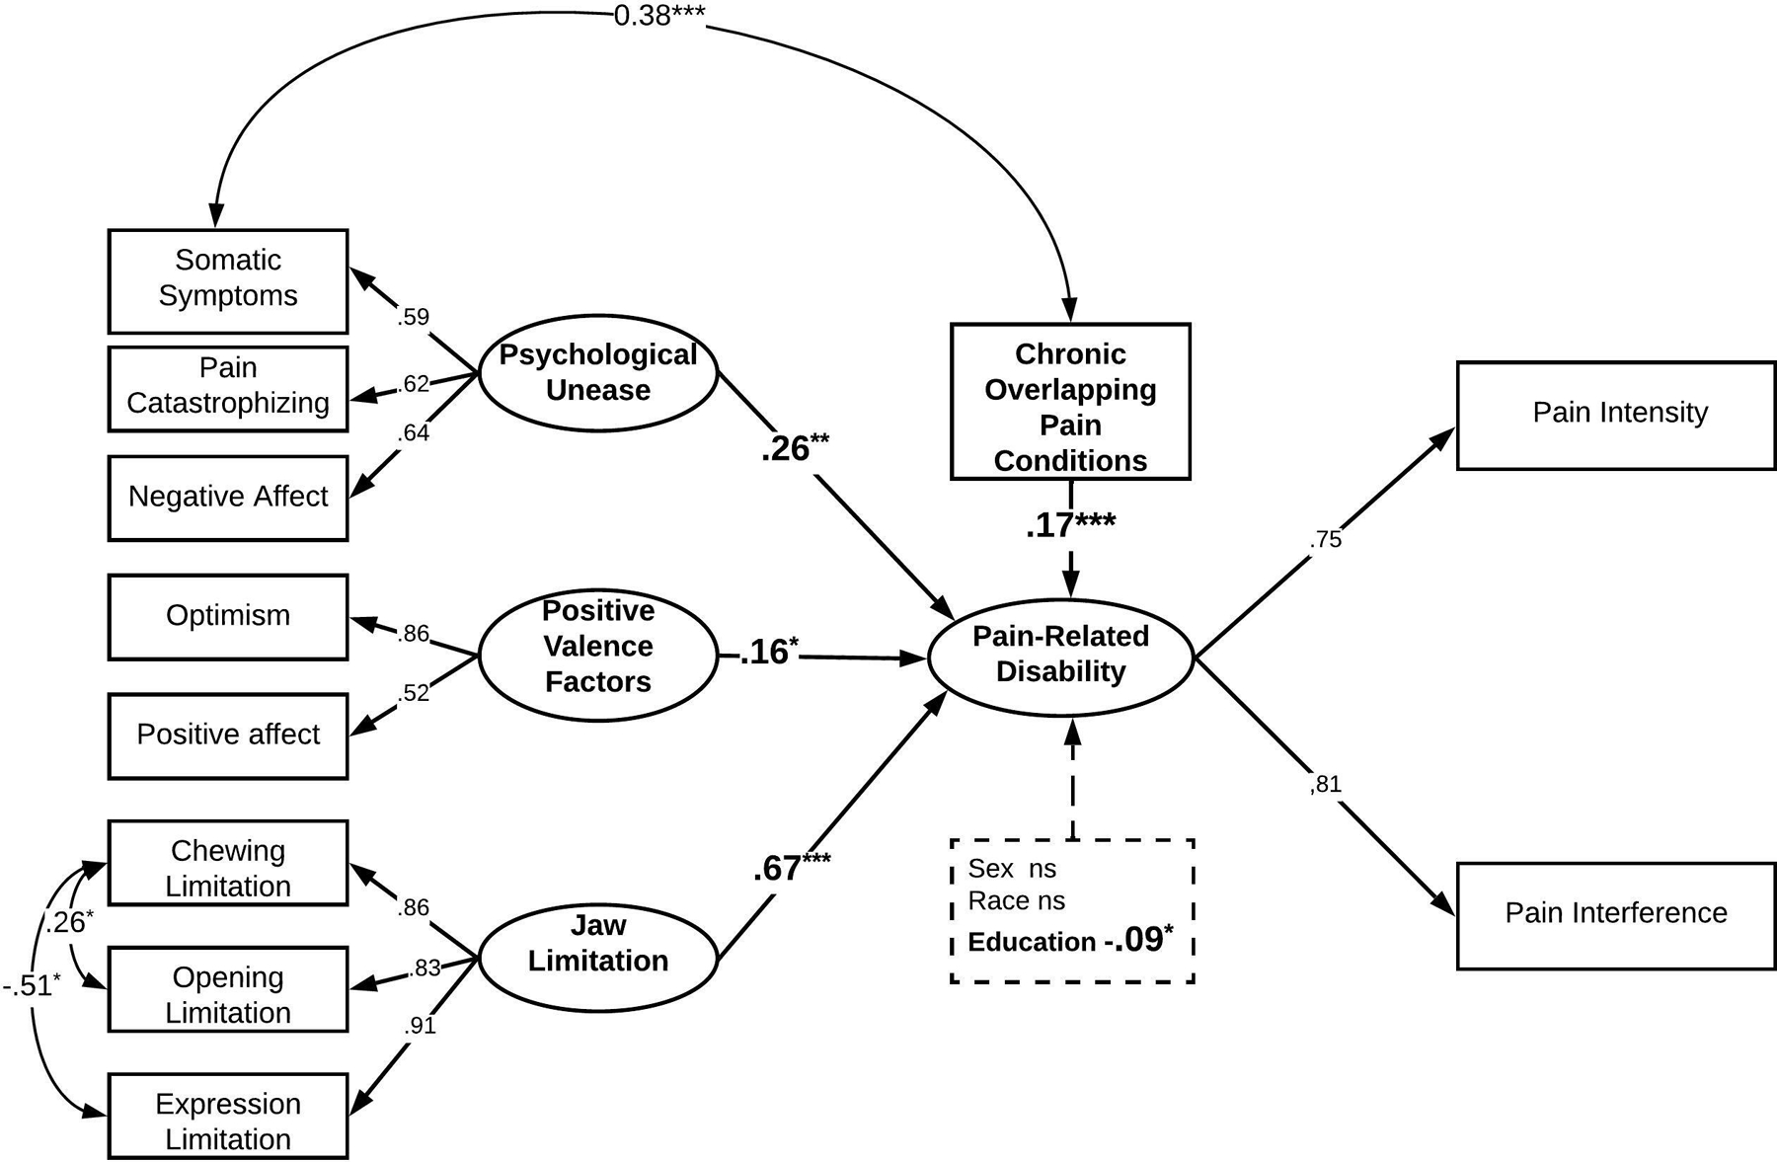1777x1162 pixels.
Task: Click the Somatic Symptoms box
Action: (228, 281)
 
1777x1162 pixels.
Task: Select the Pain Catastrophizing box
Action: (228, 388)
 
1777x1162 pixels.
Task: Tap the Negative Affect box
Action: (228, 498)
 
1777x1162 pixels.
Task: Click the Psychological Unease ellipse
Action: (597, 373)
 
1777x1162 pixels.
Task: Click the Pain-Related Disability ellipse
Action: (1061, 655)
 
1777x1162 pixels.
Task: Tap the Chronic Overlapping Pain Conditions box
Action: (1070, 402)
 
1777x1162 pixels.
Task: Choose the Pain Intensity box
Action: (1616, 415)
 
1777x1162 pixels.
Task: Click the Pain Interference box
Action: (1616, 915)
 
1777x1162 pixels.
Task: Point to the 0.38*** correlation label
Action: (658, 16)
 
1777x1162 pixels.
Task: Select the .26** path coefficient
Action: (795, 448)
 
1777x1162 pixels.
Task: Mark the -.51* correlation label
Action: (32, 985)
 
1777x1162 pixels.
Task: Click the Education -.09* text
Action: (1070, 941)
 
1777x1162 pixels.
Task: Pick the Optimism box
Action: (228, 617)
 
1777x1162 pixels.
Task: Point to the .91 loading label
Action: (420, 1026)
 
